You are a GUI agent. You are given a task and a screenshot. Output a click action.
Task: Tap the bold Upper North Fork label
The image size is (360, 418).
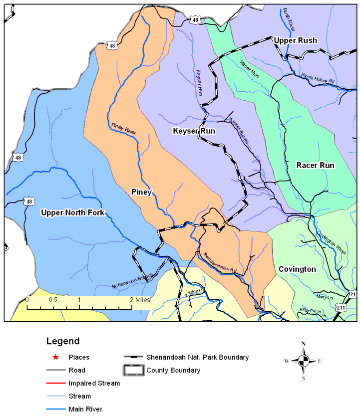[73, 213]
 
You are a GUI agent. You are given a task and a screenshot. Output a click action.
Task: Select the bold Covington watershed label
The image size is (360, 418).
[297, 269]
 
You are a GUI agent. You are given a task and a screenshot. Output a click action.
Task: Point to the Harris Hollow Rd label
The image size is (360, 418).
[318, 77]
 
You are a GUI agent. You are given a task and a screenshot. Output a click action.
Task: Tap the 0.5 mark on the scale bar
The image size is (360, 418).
[52, 300]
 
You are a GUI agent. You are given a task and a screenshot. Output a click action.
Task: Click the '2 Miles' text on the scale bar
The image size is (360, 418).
[139, 300]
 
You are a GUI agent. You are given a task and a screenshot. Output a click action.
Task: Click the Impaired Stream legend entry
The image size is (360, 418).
[94, 383]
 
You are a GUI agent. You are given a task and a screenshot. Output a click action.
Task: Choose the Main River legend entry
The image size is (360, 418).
[86, 409]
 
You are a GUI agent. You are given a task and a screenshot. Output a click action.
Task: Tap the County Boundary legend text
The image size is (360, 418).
[173, 370]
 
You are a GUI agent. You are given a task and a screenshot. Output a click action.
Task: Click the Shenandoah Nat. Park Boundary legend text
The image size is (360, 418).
[197, 357]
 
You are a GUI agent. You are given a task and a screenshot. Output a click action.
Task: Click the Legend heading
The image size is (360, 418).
[62, 342]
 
